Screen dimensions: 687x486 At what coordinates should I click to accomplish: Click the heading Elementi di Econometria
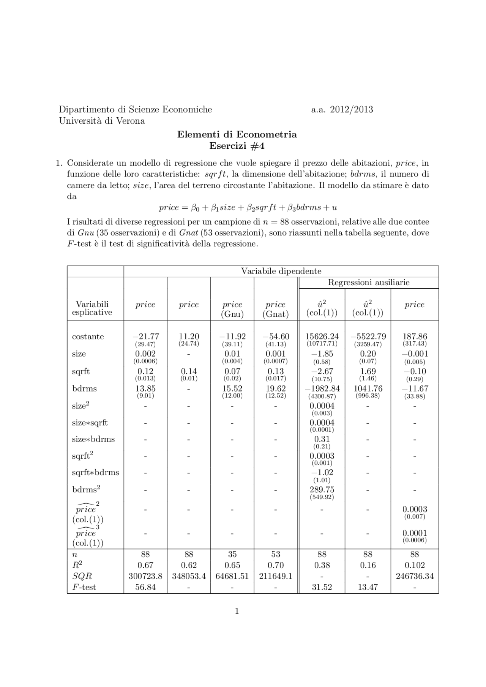click(x=237, y=135)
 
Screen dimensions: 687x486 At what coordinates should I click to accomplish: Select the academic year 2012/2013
click(x=342, y=110)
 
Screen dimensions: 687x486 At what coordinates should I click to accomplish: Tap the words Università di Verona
click(x=102, y=121)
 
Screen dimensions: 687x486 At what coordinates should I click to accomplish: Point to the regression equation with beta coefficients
click(x=248, y=208)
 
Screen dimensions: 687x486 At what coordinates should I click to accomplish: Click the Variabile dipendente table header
click(x=281, y=271)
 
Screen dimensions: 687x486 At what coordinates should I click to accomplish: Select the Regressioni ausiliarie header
click(x=368, y=283)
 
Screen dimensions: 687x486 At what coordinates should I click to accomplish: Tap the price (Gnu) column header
click(x=232, y=309)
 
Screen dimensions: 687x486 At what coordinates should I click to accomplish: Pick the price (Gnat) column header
click(x=275, y=309)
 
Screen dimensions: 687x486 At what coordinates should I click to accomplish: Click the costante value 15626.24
click(x=322, y=336)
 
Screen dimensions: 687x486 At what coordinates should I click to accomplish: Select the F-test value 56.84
click(x=145, y=587)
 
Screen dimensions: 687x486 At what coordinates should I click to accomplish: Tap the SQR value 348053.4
click(x=189, y=576)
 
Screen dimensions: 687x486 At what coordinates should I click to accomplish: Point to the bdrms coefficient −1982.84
click(x=322, y=389)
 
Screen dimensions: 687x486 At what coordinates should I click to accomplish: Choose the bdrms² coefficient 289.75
click(x=322, y=490)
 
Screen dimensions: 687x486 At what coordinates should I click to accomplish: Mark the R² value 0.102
click(x=415, y=565)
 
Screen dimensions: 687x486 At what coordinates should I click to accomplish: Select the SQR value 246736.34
click(x=415, y=576)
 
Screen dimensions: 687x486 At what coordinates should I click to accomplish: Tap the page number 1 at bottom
click(x=237, y=611)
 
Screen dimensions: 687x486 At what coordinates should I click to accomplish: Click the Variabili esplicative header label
click(x=92, y=308)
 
